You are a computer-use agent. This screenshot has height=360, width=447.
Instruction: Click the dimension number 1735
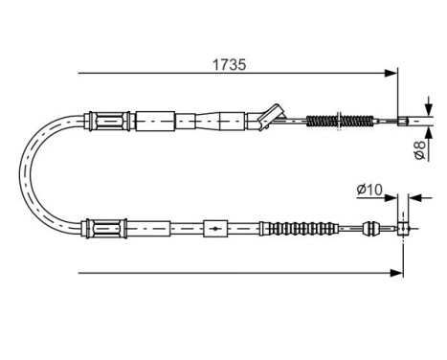click(229, 65)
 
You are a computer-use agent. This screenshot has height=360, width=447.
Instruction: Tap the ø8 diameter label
click(419, 149)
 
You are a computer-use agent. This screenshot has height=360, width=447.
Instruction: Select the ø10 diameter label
click(369, 190)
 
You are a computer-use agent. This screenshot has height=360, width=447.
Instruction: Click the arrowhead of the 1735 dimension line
click(391, 73)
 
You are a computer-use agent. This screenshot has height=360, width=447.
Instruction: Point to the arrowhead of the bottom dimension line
click(396, 273)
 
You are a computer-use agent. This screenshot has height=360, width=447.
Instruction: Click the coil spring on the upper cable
click(340, 121)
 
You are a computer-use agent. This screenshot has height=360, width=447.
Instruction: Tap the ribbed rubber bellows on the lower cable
click(299, 229)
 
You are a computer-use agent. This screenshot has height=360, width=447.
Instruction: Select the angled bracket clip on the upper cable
click(270, 117)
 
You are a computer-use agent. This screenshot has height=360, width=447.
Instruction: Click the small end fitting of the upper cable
click(403, 122)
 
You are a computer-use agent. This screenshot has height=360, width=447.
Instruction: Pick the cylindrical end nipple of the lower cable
click(403, 229)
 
